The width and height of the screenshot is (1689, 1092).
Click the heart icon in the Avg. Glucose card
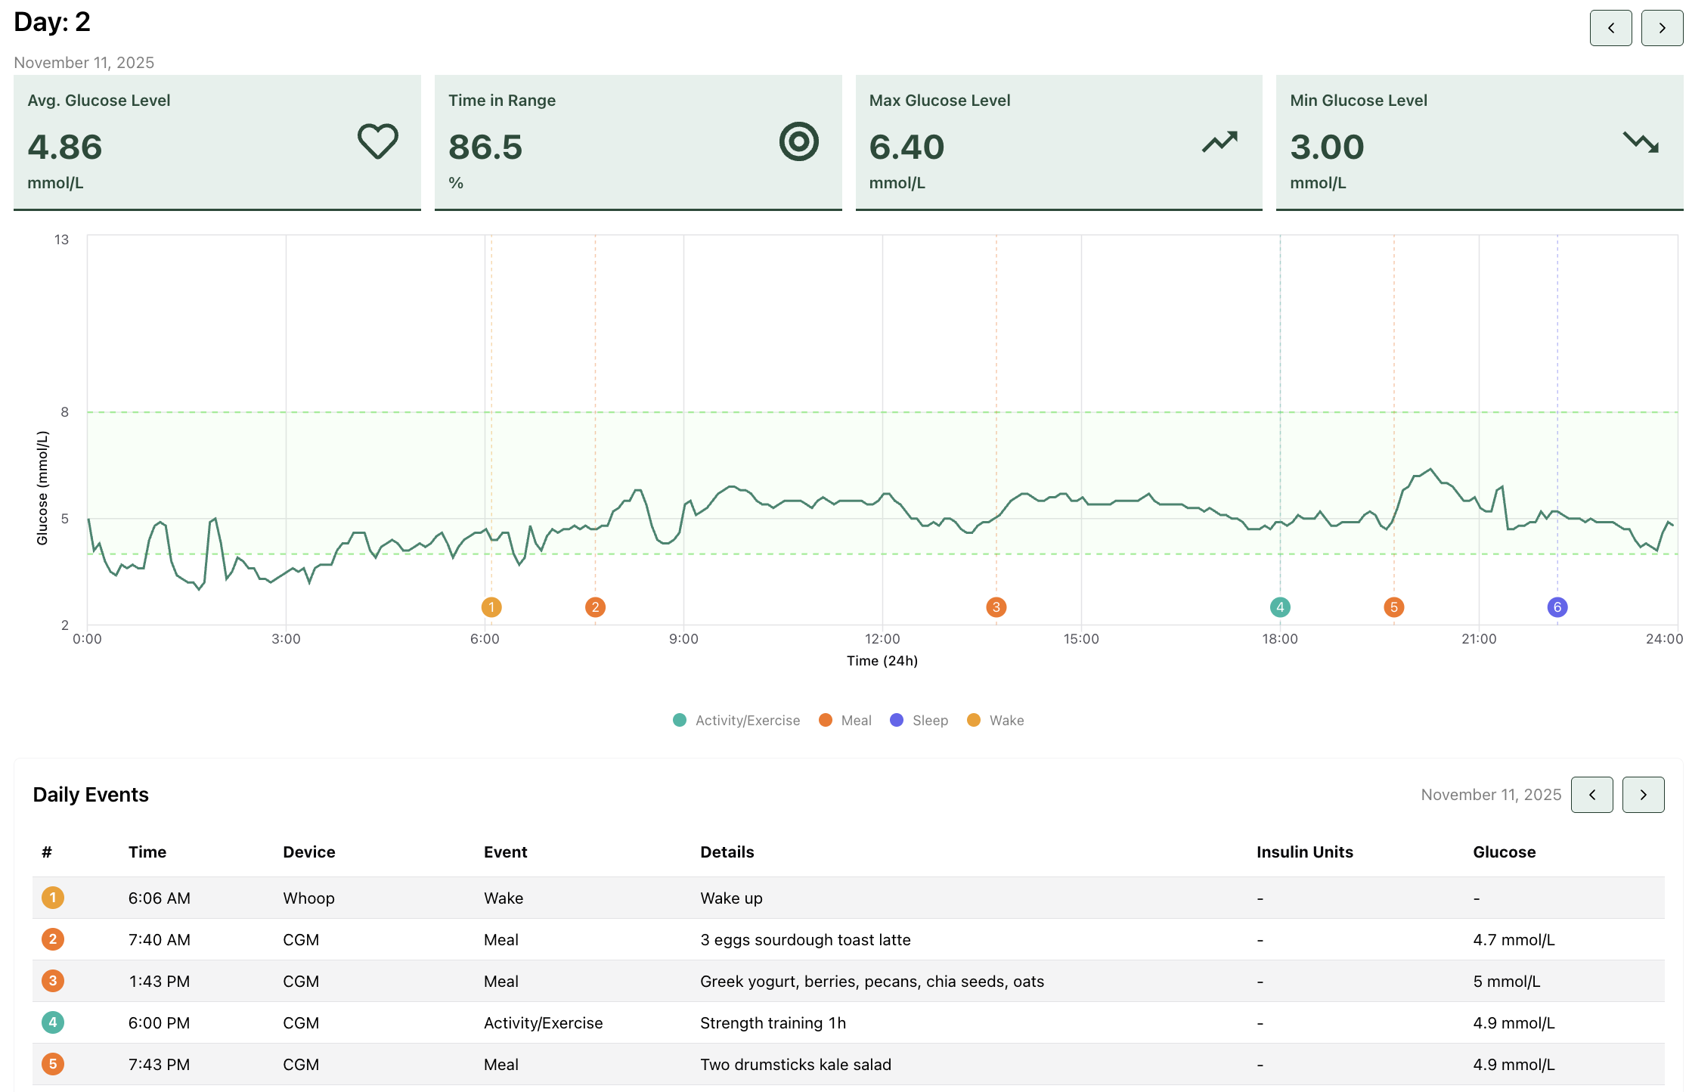[x=377, y=141]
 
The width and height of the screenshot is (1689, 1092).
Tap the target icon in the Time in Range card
[x=798, y=141]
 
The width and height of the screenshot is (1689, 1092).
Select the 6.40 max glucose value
[x=906, y=147]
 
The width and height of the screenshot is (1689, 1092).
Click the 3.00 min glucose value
[x=1327, y=147]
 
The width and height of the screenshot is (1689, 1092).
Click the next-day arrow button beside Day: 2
[x=1662, y=28]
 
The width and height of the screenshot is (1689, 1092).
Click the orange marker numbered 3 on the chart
[x=996, y=606]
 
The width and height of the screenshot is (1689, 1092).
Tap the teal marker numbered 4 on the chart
[x=1279, y=606]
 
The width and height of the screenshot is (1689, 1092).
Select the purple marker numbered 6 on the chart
[x=1557, y=606]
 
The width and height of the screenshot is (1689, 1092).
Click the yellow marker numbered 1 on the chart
[x=491, y=606]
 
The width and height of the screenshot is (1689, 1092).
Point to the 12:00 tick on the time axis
[x=882, y=639]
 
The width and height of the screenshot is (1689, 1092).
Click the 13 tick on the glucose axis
[x=61, y=240]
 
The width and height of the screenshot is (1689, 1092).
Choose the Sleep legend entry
[x=919, y=720]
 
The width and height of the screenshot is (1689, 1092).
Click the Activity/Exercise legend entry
[x=736, y=720]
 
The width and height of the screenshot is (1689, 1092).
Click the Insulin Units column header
[x=1304, y=852]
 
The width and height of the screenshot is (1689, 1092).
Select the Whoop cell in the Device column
[x=308, y=898]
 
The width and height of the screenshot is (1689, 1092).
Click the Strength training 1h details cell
[x=773, y=1023]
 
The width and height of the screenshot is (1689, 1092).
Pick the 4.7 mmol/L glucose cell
[x=1514, y=940]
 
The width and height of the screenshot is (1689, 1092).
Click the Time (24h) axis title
[x=882, y=661]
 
